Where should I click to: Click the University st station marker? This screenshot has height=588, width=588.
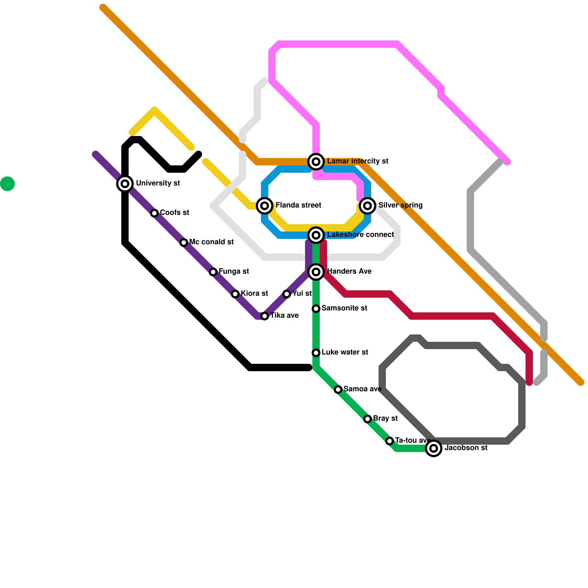[x=125, y=183]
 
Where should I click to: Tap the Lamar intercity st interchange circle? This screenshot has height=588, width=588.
[x=316, y=161]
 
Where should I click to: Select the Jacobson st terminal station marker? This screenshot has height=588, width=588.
[x=434, y=448]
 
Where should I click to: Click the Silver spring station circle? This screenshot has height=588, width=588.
[x=367, y=205]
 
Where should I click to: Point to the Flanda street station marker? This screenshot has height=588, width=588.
[x=265, y=205]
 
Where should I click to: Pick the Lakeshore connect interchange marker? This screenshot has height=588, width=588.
[x=316, y=235]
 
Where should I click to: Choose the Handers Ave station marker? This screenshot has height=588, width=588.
[x=316, y=272]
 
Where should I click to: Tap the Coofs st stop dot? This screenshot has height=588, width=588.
[x=154, y=213]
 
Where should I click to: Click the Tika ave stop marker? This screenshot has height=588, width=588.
[x=265, y=316]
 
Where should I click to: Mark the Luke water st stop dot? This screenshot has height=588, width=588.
[x=316, y=353]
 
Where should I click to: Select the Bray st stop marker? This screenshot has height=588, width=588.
[x=367, y=419]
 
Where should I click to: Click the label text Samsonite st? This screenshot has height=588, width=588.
[x=344, y=308]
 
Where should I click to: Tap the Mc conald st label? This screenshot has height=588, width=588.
[x=211, y=242]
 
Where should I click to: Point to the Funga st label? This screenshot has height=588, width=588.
[x=234, y=272]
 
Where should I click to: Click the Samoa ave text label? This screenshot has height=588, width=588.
[x=362, y=389]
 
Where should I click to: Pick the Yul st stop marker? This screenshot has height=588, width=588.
[x=287, y=294]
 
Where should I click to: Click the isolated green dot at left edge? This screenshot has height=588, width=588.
[x=7, y=184]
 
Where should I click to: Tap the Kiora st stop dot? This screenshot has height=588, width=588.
[x=235, y=294]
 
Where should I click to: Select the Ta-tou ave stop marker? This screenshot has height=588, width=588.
[x=390, y=441]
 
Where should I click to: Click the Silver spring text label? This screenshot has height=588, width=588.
[x=401, y=205]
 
